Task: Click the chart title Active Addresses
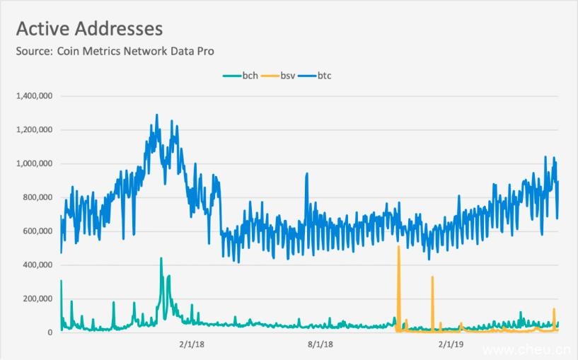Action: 89,28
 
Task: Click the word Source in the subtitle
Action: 33,51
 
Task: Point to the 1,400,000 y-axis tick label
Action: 34,95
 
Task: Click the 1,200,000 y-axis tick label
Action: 34,129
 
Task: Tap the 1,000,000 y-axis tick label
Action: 34,163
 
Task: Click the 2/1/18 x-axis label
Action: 190,344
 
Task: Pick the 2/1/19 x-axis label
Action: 451,344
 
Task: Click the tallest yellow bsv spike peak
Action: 399,247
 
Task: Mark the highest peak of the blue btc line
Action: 156,115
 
